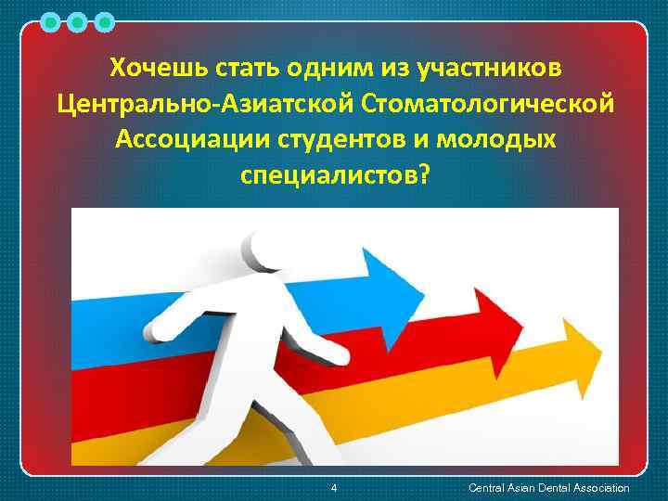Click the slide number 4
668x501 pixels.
[334, 488]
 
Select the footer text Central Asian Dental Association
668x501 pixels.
[549, 488]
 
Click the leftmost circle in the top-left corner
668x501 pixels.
[51, 20]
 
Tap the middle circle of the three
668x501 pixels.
[78, 20]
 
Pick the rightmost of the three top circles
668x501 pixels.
[105, 20]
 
